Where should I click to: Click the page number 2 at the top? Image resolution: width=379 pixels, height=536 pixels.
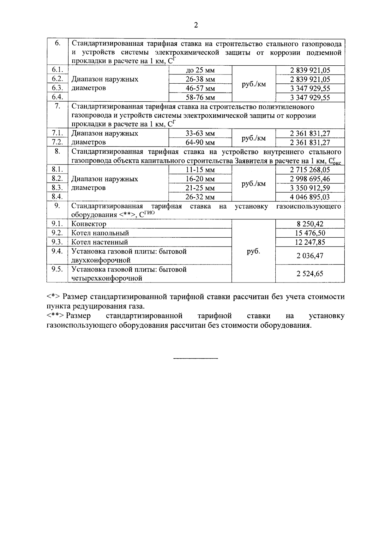[196, 25]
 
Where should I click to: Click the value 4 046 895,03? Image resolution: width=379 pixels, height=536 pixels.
[310, 197]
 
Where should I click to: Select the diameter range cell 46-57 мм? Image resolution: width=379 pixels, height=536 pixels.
[200, 88]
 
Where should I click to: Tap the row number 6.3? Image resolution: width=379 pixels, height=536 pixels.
[57, 88]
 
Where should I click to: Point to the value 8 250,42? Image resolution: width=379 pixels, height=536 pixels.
[310, 224]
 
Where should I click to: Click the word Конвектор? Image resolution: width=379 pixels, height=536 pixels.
[89, 224]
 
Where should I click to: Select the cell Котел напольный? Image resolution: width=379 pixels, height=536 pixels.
[100, 233]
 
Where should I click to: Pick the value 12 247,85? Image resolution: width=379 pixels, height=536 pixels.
[310, 242]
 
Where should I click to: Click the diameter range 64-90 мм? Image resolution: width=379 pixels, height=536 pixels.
[200, 143]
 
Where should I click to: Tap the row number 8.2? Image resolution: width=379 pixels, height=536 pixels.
[57, 179]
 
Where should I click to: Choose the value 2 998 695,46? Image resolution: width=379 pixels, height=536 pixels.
[310, 179]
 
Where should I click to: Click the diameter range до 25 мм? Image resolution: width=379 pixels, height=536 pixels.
[200, 70]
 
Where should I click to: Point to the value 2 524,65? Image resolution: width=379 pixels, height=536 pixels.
[310, 274]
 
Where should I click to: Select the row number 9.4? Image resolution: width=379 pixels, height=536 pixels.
[57, 251]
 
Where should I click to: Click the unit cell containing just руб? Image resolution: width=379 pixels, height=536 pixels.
[253, 252]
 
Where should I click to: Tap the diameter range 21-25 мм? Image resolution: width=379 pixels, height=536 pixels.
[200, 188]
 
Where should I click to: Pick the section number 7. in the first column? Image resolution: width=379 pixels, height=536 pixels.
[57, 106]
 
